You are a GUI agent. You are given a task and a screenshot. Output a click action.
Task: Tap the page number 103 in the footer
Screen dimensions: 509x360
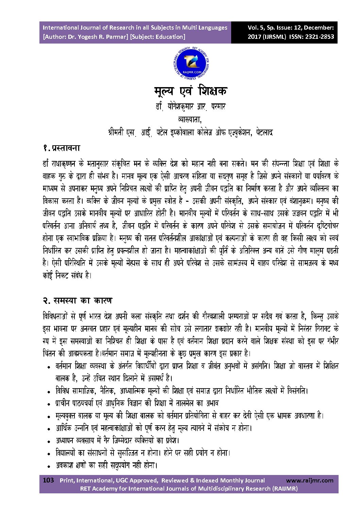[48, 480]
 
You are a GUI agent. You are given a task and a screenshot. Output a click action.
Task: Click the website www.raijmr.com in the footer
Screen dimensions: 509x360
[310, 480]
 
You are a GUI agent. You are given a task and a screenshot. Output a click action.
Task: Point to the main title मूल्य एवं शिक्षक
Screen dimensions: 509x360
[190, 91]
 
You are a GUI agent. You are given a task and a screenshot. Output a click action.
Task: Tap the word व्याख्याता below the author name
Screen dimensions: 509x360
[190, 119]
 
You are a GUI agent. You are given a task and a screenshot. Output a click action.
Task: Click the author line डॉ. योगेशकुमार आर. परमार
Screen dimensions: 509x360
[190, 107]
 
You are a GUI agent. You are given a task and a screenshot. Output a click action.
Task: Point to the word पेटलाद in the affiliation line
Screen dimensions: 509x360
[264, 132]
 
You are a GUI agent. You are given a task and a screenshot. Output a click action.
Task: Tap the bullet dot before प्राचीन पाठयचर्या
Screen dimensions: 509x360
[49, 404]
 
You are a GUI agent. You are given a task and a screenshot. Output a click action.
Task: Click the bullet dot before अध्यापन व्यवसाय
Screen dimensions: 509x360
[49, 441]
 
